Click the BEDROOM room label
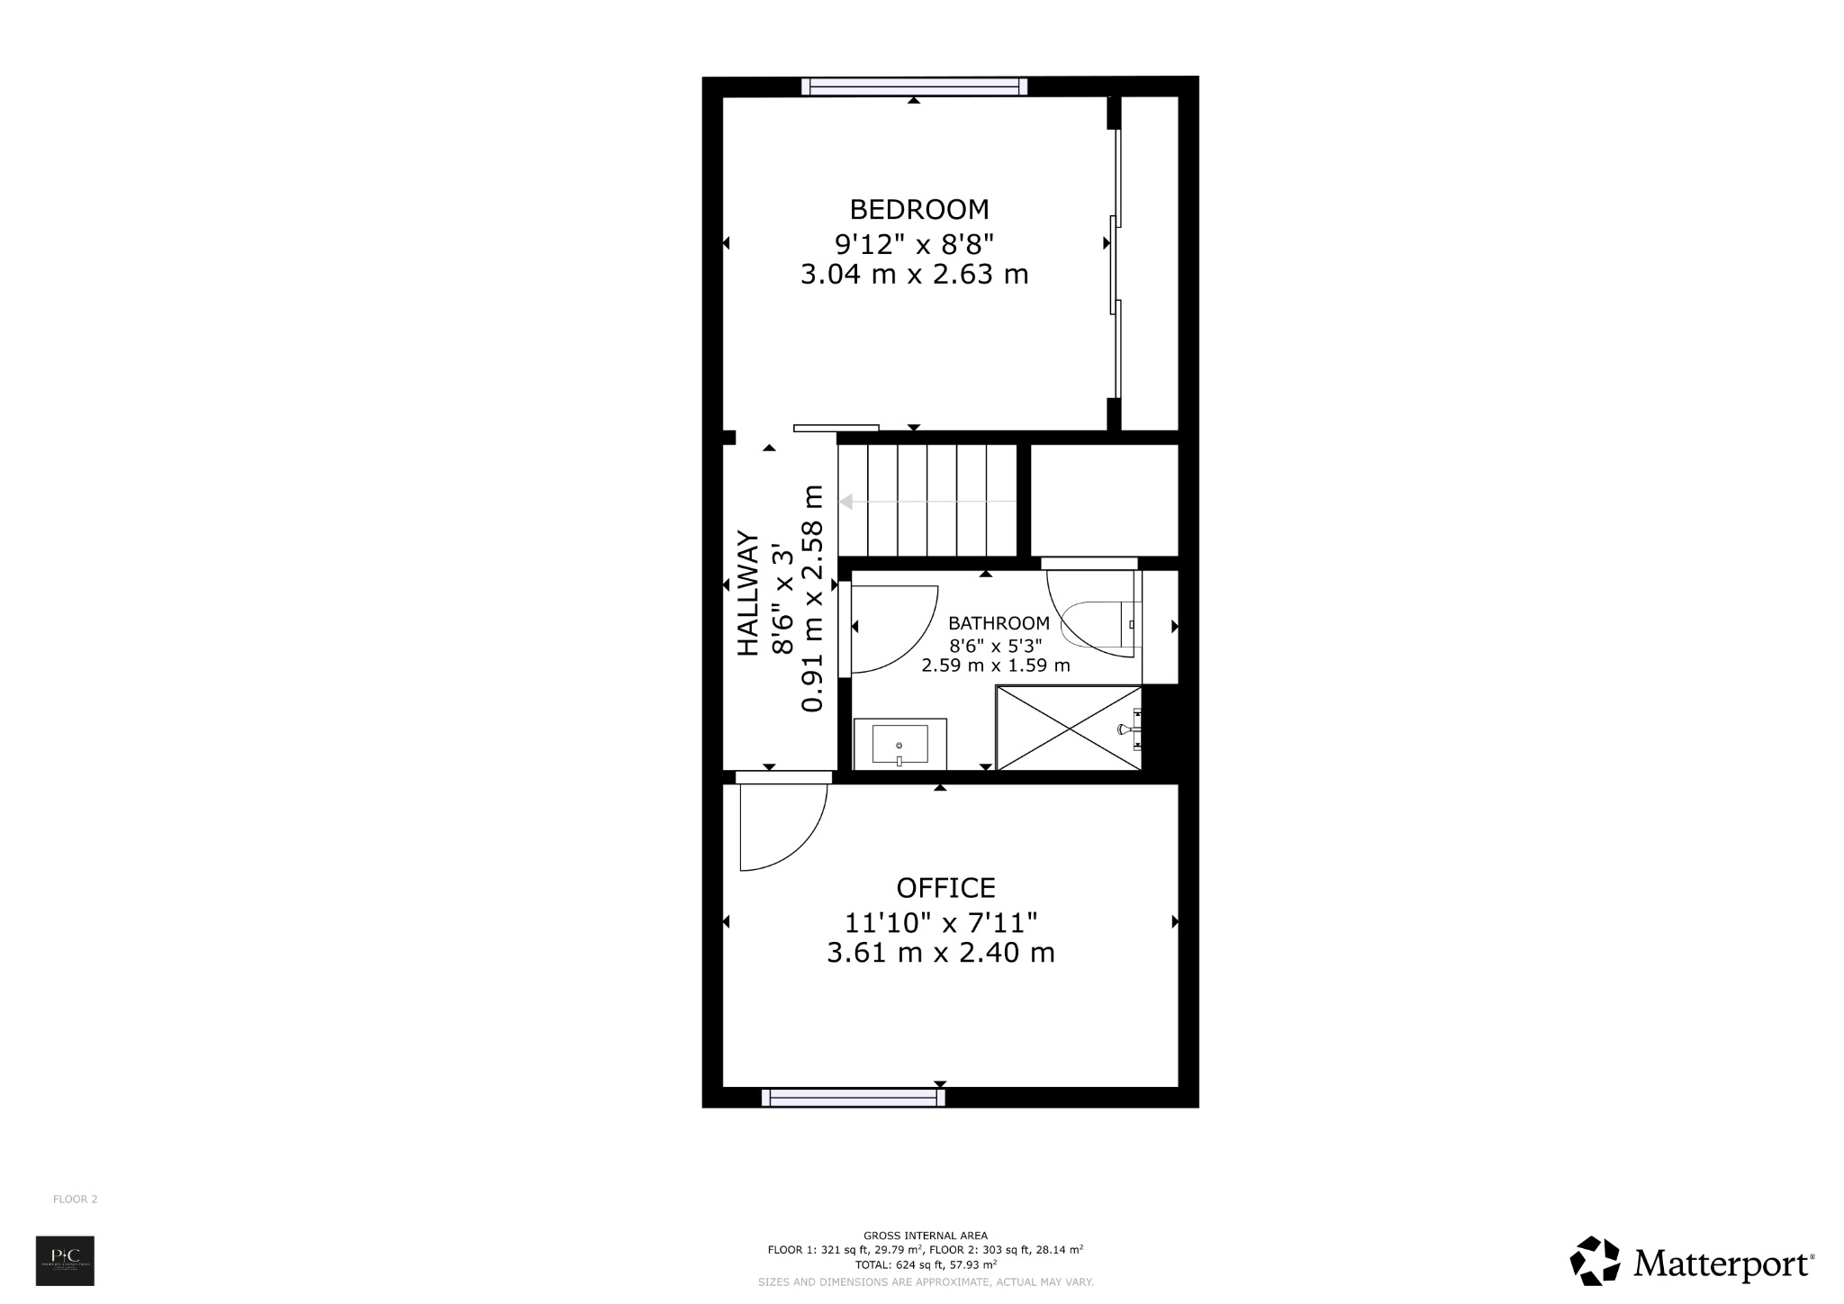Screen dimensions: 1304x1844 [919, 210]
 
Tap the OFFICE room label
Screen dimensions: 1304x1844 [945, 888]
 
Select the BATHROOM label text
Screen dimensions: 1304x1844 [999, 623]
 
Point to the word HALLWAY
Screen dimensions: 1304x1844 [749, 593]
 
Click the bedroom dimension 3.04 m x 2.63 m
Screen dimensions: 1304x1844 [914, 275]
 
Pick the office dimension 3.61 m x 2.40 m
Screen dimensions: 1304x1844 [941, 953]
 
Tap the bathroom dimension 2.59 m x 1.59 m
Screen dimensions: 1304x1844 [995, 666]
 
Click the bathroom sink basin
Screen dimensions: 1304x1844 [899, 745]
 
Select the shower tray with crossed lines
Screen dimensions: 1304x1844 [1068, 728]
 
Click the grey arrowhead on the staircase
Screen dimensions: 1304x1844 [846, 502]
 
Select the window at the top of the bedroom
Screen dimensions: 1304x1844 [914, 86]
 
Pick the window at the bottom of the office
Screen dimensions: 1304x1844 [853, 1097]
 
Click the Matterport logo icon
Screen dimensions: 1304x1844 [1595, 1261]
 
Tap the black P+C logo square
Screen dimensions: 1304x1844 [65, 1261]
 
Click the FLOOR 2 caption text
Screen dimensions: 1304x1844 [76, 1200]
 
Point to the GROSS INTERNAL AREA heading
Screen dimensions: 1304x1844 [925, 1236]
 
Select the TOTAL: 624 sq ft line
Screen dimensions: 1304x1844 [925, 1264]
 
